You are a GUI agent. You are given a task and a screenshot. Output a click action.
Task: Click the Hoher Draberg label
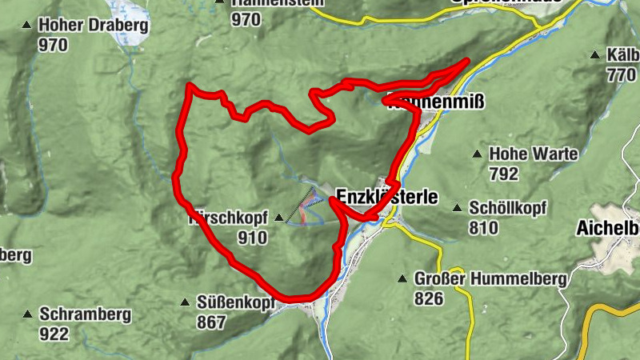(93, 26)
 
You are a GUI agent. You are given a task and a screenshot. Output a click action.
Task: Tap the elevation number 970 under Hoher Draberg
(53, 45)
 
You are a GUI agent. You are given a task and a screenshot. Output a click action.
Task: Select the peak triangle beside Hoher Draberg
(28, 26)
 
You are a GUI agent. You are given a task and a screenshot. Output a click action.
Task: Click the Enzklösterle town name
(387, 196)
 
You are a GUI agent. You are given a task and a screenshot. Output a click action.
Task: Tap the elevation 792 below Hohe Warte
(504, 174)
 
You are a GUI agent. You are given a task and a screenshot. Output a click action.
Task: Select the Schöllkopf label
(508, 208)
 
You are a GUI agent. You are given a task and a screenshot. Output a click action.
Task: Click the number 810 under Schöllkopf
(484, 227)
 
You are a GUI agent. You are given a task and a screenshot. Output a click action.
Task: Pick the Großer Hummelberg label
(490, 279)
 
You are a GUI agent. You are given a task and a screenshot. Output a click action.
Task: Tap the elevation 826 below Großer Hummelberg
(430, 298)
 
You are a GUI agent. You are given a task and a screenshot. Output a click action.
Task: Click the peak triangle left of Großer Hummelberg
(402, 280)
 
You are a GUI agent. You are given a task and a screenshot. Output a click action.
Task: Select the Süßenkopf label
(235, 303)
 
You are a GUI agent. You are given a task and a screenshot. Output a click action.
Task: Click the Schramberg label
(84, 314)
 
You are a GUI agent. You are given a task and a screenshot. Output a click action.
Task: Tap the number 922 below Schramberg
(54, 334)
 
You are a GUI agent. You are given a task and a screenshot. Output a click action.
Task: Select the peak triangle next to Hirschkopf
(278, 218)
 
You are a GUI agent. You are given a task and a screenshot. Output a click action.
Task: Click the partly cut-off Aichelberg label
(608, 228)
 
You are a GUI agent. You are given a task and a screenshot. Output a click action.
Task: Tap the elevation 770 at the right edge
(621, 75)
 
